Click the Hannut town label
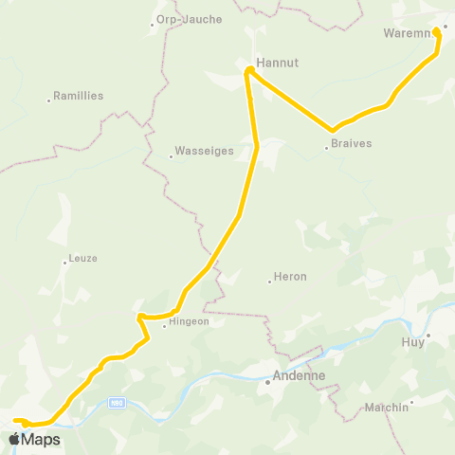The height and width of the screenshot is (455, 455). pos(278,63)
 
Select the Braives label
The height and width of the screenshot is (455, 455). pos(351,144)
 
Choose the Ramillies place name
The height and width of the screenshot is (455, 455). pos(80,96)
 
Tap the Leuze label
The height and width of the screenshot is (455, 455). pos(82,258)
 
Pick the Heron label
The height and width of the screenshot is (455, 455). pos(290,277)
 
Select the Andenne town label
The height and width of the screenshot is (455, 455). pos(299,375)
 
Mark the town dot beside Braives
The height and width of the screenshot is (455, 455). pos(326,147)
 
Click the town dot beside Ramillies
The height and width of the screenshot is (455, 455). pos(49,100)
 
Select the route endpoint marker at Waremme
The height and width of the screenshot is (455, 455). pos(436,31)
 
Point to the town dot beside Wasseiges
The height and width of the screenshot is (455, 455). pos(171,156)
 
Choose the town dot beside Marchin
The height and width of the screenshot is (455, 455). pos(412,402)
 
